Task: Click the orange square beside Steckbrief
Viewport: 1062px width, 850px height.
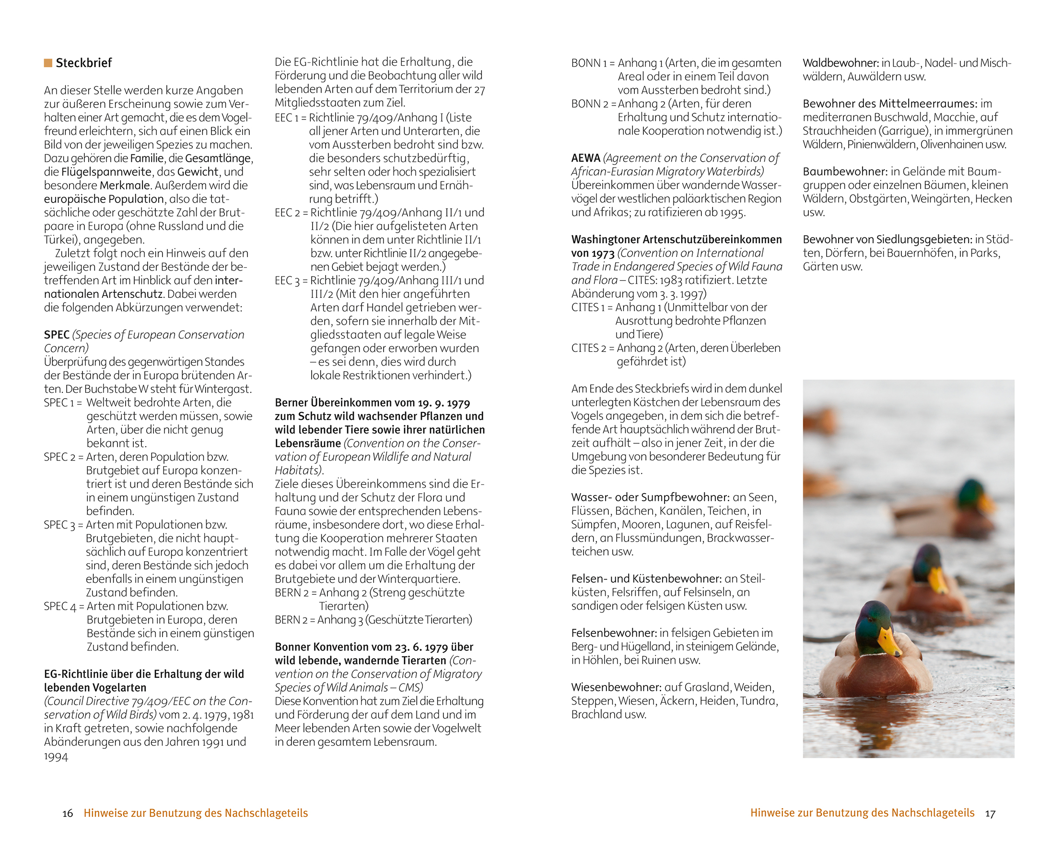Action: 48,63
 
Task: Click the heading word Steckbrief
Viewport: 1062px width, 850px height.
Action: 84,63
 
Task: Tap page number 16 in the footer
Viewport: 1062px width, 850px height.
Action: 68,814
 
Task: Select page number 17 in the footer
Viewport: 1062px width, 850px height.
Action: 990,814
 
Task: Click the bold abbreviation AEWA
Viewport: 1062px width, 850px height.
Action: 585,158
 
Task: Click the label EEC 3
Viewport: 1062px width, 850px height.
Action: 287,281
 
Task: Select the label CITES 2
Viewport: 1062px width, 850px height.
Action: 589,348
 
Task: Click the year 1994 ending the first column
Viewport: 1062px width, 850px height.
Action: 56,757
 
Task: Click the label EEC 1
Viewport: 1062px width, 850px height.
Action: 287,118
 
